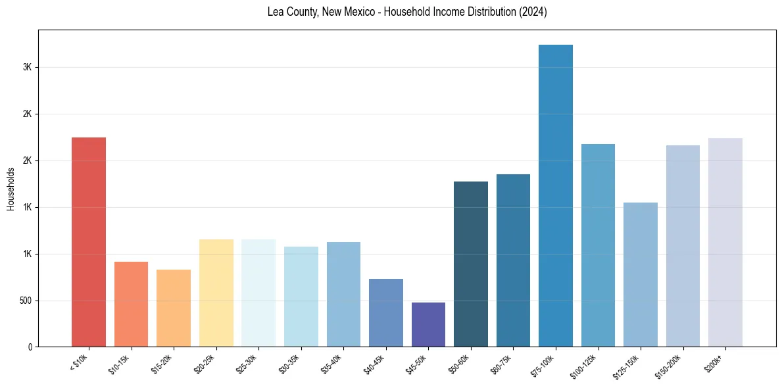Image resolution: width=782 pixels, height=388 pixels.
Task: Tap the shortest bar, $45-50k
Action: click(x=428, y=325)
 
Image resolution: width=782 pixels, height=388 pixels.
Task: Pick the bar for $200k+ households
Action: click(x=725, y=243)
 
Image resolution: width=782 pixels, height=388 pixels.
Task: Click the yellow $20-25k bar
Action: click(x=216, y=293)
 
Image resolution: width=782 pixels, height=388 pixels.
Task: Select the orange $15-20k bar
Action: click(x=174, y=308)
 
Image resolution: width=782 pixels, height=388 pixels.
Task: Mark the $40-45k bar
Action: click(x=386, y=313)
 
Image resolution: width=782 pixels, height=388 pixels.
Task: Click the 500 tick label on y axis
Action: click(x=25, y=301)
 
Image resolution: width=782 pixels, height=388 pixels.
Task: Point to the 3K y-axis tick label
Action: click(x=27, y=68)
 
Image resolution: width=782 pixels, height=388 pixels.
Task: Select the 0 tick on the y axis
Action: click(x=30, y=347)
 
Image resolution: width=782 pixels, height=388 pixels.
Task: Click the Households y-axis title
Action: click(x=11, y=189)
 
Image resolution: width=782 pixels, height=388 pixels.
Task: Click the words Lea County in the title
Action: click(x=291, y=12)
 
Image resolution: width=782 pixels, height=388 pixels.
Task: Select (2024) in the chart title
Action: click(x=533, y=12)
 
